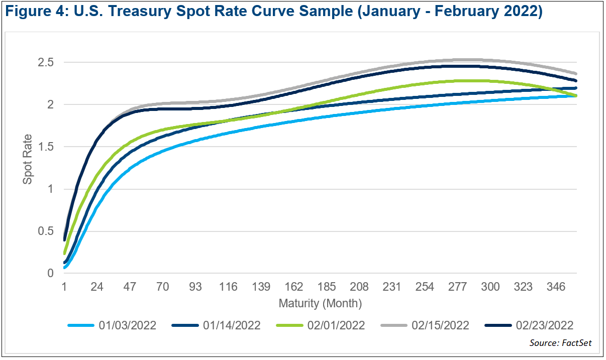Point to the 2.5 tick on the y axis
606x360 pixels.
coord(45,63)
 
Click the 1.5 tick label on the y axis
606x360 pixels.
coord(45,147)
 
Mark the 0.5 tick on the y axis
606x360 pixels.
coord(45,231)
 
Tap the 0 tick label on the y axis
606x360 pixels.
coord(50,274)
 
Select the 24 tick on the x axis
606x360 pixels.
coord(97,287)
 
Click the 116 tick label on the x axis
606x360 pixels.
coord(228,287)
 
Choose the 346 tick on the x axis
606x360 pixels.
coord(556,287)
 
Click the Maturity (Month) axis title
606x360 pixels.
coord(320,303)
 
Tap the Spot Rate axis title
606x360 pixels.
coord(28,159)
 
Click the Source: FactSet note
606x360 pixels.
coord(560,343)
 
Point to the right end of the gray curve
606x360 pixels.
coord(576,73)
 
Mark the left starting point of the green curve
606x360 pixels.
coord(65,253)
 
